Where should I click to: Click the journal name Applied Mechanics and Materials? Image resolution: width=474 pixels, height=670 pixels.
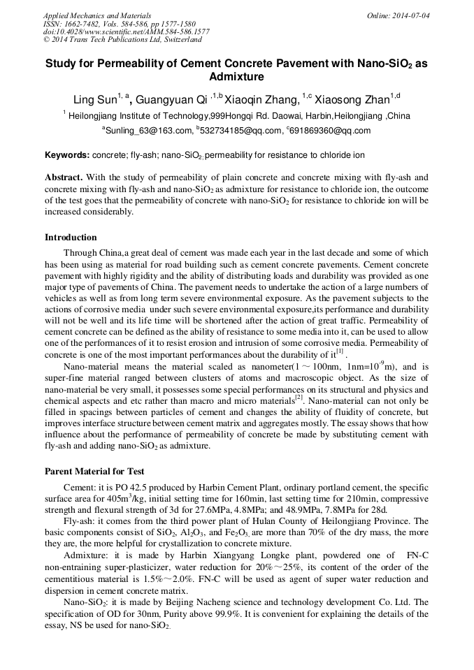(96, 15)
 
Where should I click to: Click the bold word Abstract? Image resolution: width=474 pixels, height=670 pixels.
(64, 177)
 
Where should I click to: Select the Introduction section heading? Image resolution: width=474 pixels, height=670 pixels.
(71, 238)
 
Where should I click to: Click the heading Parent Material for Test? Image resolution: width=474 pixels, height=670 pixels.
(94, 472)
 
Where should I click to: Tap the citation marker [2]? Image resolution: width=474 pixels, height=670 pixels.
(299, 398)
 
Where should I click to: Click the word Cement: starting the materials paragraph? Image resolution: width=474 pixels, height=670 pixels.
(77, 489)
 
